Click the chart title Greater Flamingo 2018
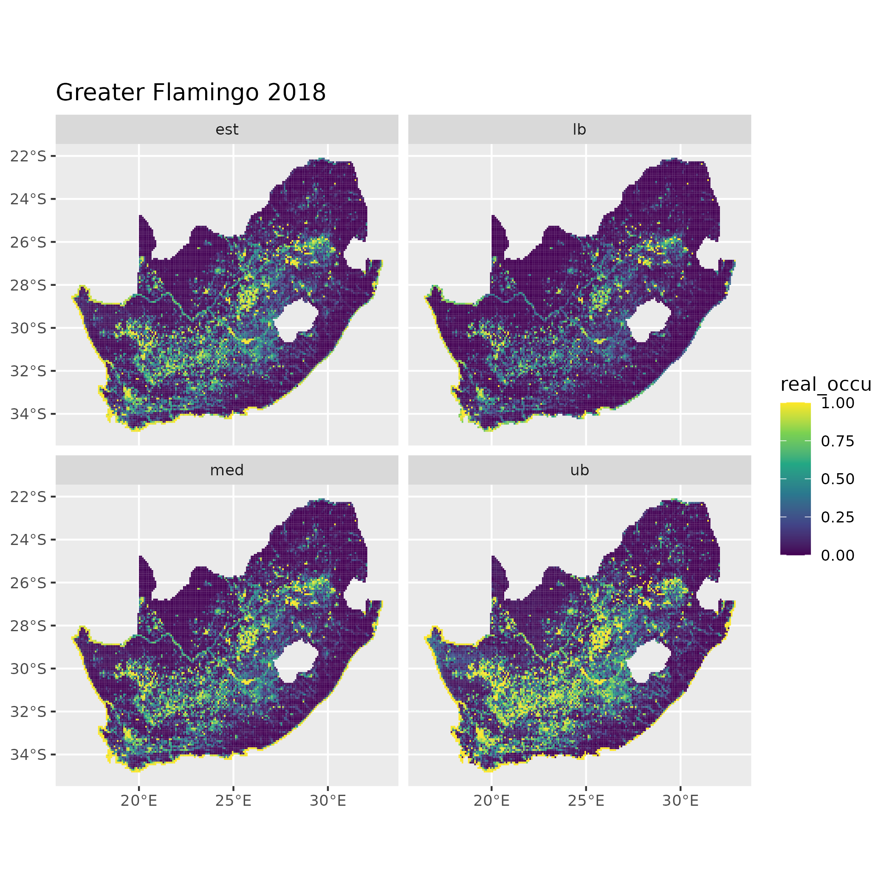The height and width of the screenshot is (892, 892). (x=191, y=92)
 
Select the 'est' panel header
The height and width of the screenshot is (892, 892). (x=227, y=130)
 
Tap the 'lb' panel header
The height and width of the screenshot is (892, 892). (x=579, y=130)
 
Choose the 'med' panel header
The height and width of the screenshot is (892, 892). (x=227, y=470)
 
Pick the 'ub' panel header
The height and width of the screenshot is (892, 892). (x=579, y=470)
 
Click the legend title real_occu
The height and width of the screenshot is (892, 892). (x=825, y=384)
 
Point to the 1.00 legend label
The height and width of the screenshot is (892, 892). (x=838, y=403)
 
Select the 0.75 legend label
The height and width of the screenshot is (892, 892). (x=838, y=441)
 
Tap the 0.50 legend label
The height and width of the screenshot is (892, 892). (x=838, y=479)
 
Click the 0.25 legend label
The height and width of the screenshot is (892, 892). (x=838, y=517)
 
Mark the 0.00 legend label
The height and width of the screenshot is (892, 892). (x=838, y=556)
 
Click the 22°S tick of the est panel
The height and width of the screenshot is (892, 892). (x=28, y=156)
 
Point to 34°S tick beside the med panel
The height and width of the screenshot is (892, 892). (x=28, y=754)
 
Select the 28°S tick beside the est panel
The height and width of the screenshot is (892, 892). (x=28, y=285)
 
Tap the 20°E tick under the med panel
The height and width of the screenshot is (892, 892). (x=139, y=801)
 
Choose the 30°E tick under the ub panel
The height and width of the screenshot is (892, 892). (x=680, y=801)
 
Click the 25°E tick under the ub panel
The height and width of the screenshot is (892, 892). (x=586, y=801)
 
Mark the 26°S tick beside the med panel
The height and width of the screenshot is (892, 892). (x=28, y=583)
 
